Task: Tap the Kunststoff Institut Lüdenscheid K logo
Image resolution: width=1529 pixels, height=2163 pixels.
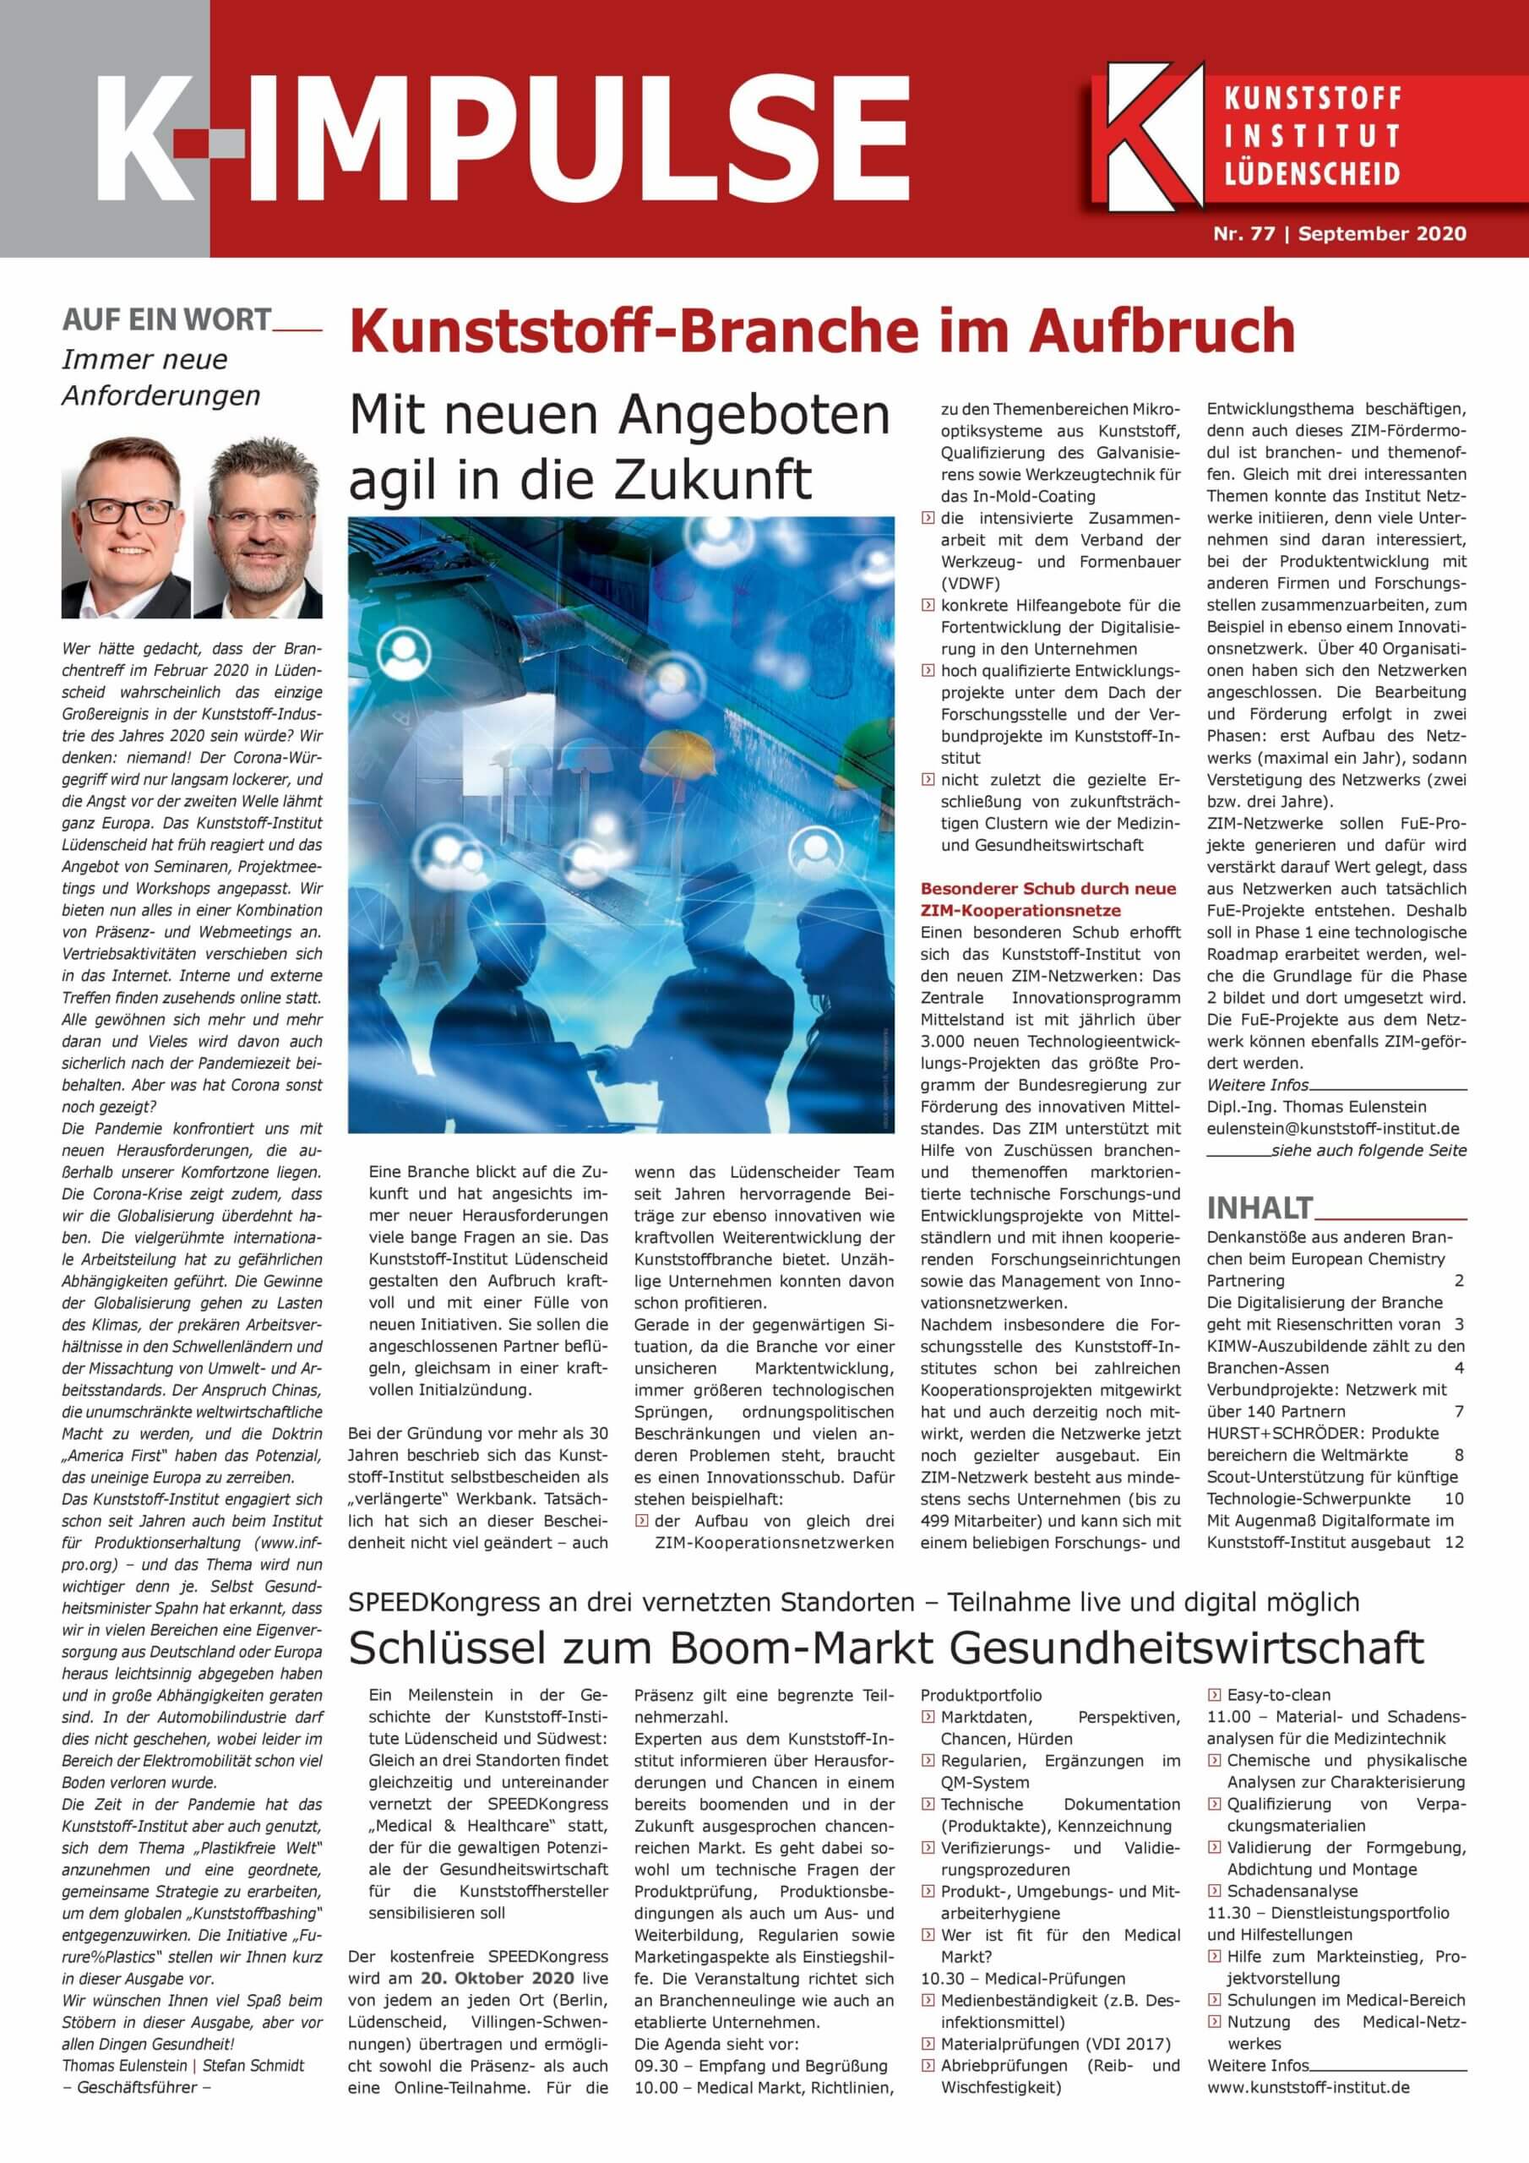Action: tap(1155, 132)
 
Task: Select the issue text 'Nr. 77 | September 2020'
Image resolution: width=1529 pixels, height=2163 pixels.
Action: tap(1339, 234)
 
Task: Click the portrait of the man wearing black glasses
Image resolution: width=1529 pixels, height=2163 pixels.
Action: tap(125, 529)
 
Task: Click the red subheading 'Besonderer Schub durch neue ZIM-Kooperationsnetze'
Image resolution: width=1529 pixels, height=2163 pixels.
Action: tap(1048, 899)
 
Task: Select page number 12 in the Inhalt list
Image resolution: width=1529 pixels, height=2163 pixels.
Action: tap(1454, 1542)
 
